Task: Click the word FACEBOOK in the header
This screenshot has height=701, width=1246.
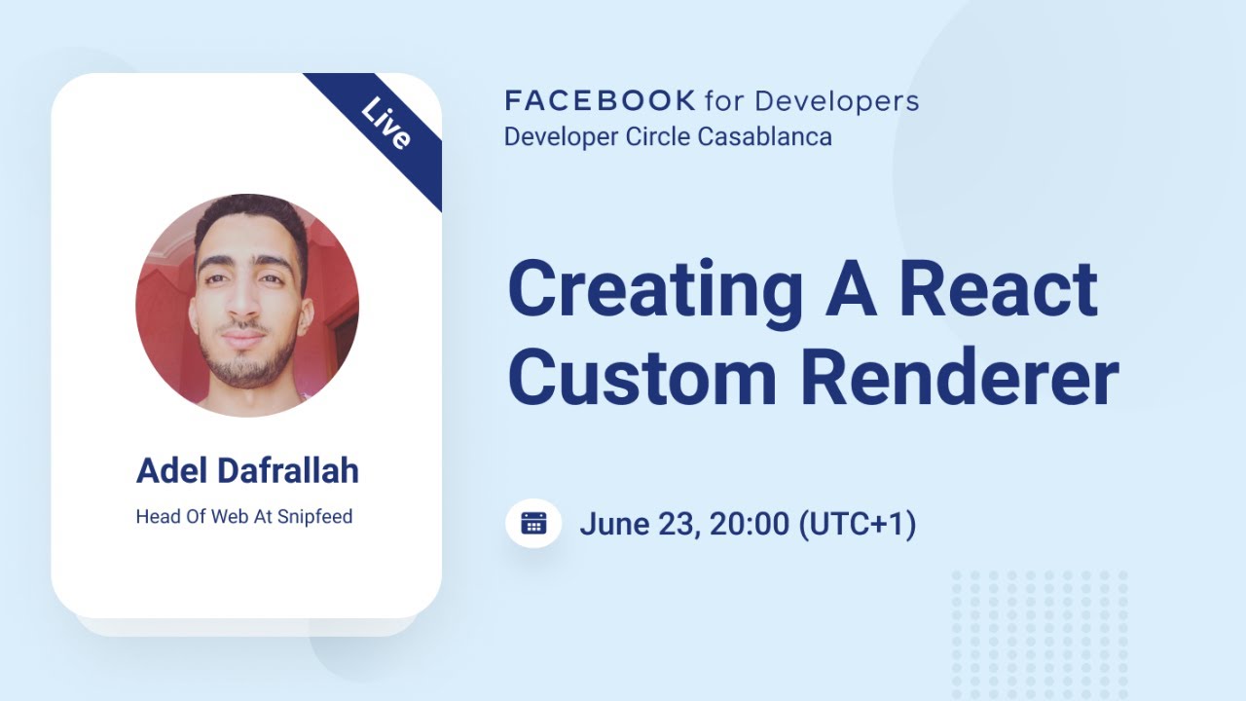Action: point(600,100)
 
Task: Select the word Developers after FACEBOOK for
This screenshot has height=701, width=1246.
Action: point(836,100)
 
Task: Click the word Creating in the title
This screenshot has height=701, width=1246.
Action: point(655,289)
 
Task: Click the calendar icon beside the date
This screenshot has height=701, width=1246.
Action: point(533,524)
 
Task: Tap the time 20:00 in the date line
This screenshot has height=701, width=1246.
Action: point(749,525)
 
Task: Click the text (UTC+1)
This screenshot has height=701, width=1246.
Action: point(857,525)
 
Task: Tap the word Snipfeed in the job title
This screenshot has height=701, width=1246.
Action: point(314,516)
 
